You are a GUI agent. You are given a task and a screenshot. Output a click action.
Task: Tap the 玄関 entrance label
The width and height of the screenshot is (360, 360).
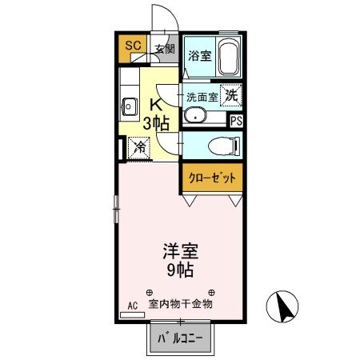coord(164,49)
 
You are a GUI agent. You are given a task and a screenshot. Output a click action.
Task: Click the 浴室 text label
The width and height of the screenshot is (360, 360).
coord(199,56)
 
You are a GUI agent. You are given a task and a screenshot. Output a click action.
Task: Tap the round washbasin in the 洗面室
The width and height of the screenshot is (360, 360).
coord(194,116)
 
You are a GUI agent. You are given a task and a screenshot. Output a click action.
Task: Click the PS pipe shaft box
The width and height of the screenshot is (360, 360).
coord(236,121)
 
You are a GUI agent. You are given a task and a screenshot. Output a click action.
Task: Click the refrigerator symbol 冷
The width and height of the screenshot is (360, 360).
coord(138,146)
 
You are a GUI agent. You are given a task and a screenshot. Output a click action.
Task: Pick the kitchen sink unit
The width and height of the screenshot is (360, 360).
coord(128,103)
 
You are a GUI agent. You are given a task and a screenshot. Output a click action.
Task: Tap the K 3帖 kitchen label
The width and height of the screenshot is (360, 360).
coord(157,114)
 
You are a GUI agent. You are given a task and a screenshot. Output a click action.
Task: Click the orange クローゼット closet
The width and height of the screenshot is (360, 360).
coord(211,178)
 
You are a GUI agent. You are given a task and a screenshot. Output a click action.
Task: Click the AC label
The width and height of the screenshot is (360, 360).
coord(133,306)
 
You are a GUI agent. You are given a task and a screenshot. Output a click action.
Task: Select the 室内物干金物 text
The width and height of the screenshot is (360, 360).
coord(181,304)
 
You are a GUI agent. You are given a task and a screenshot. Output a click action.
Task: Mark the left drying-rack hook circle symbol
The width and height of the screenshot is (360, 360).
coord(149,292)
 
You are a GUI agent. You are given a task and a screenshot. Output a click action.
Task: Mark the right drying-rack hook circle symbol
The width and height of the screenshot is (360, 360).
coord(212,292)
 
